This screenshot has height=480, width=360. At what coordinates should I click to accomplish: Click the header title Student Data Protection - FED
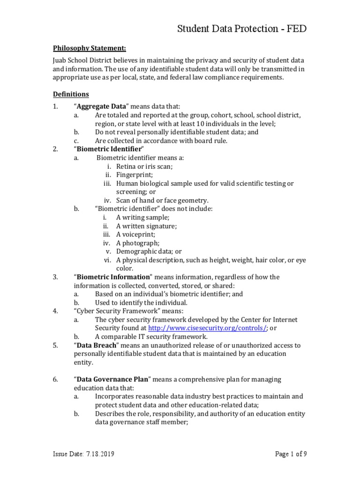coord(242,30)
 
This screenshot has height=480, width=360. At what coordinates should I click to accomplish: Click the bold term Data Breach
coord(96,345)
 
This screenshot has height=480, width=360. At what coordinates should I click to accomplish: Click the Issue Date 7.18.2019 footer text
coord(83,454)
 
